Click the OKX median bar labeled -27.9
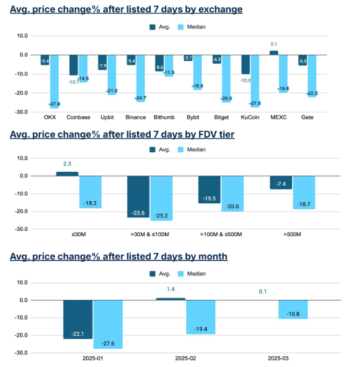54,81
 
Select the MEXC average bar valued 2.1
274,53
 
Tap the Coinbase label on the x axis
78,117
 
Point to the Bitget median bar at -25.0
226,79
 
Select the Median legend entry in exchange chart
193,26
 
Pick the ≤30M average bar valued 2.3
67,174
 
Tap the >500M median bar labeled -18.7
304,192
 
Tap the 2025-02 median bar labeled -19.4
201,317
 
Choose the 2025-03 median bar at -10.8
293,309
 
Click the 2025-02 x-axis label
185,357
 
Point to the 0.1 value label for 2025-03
263,291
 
